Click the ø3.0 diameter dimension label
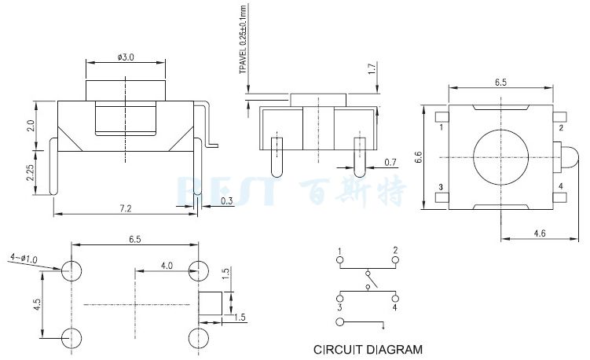(x=126, y=57)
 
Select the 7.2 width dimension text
(x=125, y=208)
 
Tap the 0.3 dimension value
(x=227, y=201)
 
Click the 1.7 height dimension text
(x=372, y=72)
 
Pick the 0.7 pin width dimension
(x=390, y=163)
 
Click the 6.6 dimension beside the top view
(x=420, y=157)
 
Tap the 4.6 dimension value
(x=540, y=233)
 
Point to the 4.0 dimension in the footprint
(x=167, y=266)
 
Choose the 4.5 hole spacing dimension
(x=37, y=304)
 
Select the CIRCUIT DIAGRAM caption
(x=368, y=349)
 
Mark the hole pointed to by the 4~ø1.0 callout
(x=72, y=271)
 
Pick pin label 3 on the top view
(x=441, y=186)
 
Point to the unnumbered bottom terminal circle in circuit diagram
(x=339, y=322)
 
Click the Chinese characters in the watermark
(x=353, y=189)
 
